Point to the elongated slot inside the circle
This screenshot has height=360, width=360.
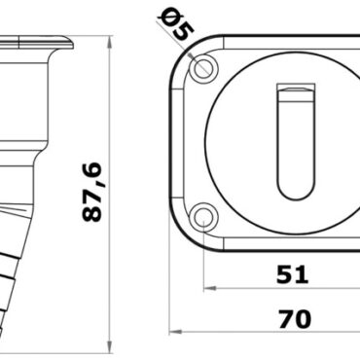[295, 141]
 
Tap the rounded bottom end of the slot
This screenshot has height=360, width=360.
[295, 190]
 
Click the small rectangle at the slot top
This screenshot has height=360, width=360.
[295, 92]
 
